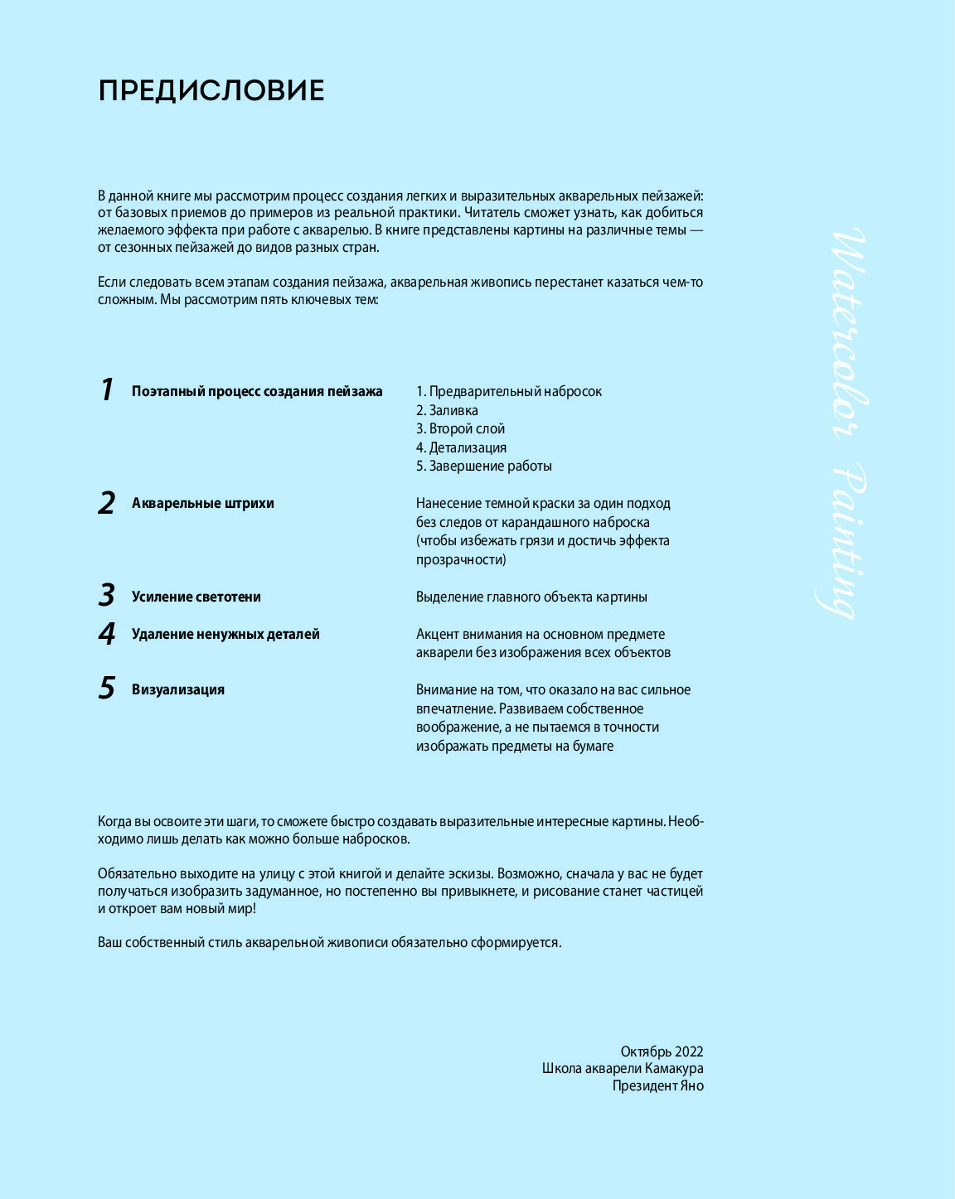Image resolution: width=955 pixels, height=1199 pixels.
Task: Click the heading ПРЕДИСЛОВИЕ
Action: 211,90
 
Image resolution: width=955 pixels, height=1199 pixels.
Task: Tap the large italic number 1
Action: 106,389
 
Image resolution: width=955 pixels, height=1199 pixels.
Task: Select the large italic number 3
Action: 106,595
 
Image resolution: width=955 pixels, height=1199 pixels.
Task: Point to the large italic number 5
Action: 106,688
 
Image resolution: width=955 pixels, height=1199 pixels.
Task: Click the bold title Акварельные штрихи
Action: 202,503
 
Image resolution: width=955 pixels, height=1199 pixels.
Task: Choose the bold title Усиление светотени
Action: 196,597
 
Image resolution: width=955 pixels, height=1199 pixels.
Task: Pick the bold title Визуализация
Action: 177,689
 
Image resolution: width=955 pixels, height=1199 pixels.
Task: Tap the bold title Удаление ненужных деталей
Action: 225,634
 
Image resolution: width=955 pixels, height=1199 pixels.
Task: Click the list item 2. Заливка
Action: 447,410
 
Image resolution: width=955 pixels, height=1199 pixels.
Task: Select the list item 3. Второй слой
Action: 460,428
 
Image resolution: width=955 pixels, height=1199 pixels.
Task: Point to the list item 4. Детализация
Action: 461,447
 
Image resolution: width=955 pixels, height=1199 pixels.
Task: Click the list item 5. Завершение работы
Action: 483,466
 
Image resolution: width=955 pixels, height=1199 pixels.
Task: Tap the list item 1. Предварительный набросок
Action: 508,391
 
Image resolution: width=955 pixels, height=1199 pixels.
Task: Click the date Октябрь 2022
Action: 662,1052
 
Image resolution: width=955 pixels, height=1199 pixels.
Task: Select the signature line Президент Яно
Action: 657,1085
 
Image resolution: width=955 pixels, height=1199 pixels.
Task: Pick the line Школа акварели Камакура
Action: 623,1068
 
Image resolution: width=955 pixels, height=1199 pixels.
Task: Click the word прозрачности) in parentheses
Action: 461,559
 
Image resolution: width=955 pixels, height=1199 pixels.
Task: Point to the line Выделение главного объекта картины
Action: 531,597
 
